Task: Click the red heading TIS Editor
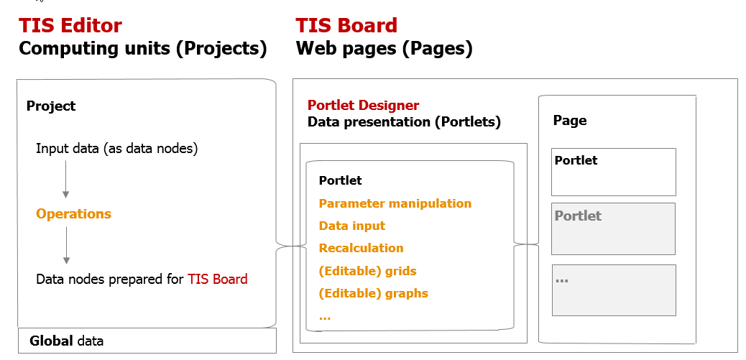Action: (70, 25)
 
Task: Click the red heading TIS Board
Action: (346, 25)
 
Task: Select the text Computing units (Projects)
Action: (143, 49)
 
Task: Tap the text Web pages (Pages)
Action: (384, 49)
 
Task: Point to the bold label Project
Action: (51, 106)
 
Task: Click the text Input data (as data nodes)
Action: (117, 149)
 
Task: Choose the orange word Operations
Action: (74, 214)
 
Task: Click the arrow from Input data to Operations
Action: (65, 180)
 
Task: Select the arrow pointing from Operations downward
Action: (66, 246)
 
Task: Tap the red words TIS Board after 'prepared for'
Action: (218, 279)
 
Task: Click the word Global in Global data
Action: (51, 341)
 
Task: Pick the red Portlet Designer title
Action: (364, 105)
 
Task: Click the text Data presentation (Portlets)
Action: (405, 122)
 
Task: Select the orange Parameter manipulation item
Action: (395, 203)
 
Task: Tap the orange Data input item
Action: (352, 226)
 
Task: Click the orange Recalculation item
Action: (361, 248)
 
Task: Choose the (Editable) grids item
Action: (368, 271)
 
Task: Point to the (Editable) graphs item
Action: (374, 293)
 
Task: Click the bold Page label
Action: (570, 121)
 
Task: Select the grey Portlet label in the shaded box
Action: (578, 216)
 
